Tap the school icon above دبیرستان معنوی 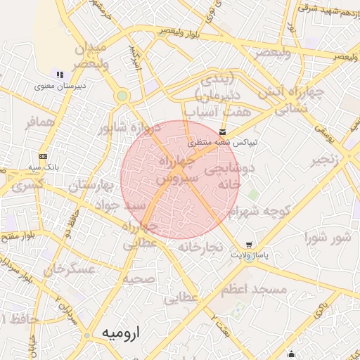[x=60, y=75]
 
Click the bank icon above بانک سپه [x=44, y=156]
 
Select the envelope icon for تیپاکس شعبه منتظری [x=223, y=132]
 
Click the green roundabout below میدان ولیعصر [x=122, y=96]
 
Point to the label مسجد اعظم [x=253, y=290]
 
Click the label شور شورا [x=328, y=238]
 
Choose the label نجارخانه [x=200, y=247]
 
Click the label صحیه [x=139, y=278]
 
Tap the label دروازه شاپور [x=124, y=128]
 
